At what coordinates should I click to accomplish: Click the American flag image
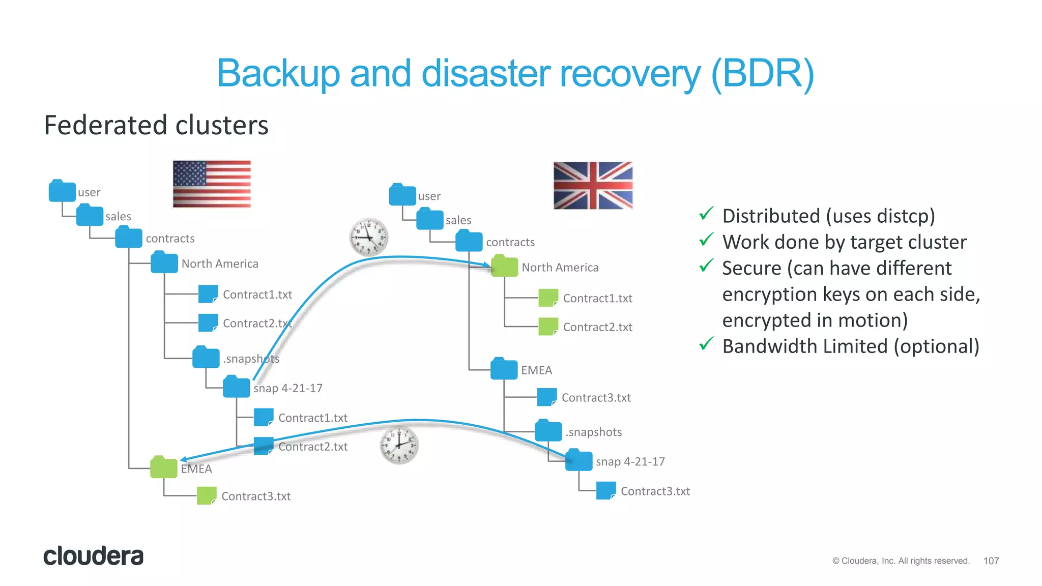(x=212, y=184)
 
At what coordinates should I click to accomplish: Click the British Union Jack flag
(x=593, y=185)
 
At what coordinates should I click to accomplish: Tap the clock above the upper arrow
(x=369, y=237)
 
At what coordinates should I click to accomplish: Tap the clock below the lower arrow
(x=399, y=445)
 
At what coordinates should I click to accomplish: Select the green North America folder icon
(x=504, y=267)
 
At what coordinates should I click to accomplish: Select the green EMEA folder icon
(x=164, y=467)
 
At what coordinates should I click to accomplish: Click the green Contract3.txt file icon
(x=207, y=496)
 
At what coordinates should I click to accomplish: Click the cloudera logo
(x=94, y=556)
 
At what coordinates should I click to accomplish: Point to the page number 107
(x=991, y=561)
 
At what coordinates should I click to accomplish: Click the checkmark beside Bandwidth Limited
(x=706, y=344)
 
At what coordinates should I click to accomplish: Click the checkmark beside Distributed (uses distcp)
(x=706, y=214)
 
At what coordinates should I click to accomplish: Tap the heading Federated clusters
(x=156, y=125)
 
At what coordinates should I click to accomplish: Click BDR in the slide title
(x=762, y=74)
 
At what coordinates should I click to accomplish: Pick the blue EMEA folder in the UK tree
(x=504, y=369)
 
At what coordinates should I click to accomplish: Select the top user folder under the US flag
(x=62, y=191)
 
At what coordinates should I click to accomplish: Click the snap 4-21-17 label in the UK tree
(x=630, y=461)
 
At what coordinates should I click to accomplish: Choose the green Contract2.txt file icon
(x=548, y=327)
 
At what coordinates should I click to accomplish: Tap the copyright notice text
(x=901, y=561)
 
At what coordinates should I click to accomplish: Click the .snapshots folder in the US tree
(x=206, y=358)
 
